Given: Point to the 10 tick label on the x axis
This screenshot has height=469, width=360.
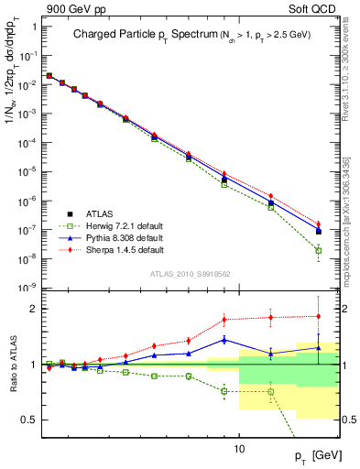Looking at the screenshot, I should point(239,449).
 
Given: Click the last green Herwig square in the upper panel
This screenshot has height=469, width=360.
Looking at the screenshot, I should point(318,250).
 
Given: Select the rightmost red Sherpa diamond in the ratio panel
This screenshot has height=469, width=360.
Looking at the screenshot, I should point(318,316).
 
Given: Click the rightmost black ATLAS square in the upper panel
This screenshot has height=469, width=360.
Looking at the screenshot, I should point(318,231).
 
